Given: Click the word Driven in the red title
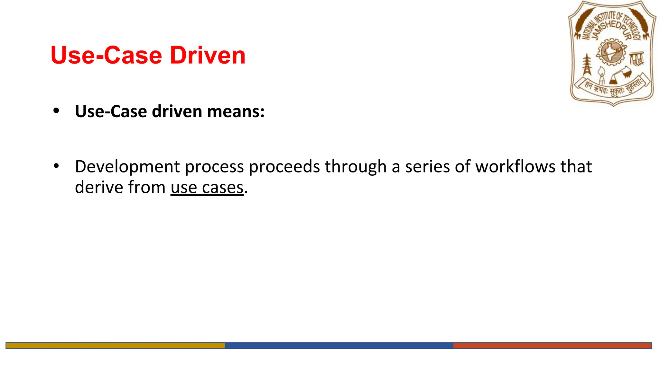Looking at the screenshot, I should tap(208, 55).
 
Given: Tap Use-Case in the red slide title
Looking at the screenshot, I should tap(106, 55).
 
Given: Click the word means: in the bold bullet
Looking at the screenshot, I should tap(236, 111).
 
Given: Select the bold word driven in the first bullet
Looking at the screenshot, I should tap(177, 111).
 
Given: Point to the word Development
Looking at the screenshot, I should tap(127, 167).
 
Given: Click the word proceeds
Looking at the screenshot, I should tap(284, 167).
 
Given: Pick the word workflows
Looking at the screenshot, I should tap(515, 167).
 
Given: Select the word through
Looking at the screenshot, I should tap(356, 167).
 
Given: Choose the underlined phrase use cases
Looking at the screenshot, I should tap(207, 188).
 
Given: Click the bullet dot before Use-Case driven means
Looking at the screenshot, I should tap(56, 111).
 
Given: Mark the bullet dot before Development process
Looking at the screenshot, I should tap(56, 166).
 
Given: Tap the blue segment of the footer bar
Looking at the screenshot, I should tap(339, 346).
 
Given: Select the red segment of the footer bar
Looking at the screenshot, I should tap(552, 346).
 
